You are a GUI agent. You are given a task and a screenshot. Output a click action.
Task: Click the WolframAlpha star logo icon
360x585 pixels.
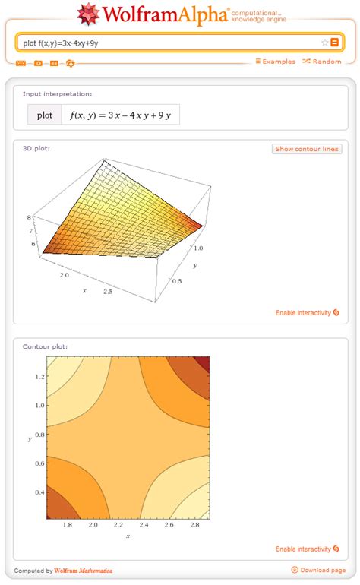(89, 14)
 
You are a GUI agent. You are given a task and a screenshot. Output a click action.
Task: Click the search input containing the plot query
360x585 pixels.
(167, 43)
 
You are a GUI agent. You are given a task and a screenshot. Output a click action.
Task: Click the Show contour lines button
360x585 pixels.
(307, 149)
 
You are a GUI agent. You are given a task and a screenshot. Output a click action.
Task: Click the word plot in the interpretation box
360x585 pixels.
(45, 115)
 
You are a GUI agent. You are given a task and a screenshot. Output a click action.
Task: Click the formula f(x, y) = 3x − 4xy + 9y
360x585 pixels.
(119, 115)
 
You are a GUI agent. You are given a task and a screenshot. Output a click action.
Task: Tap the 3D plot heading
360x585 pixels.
(36, 148)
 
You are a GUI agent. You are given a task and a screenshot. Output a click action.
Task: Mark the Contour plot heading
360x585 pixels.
(45, 346)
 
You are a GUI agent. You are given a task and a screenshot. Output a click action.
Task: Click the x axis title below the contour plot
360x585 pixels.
(128, 537)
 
